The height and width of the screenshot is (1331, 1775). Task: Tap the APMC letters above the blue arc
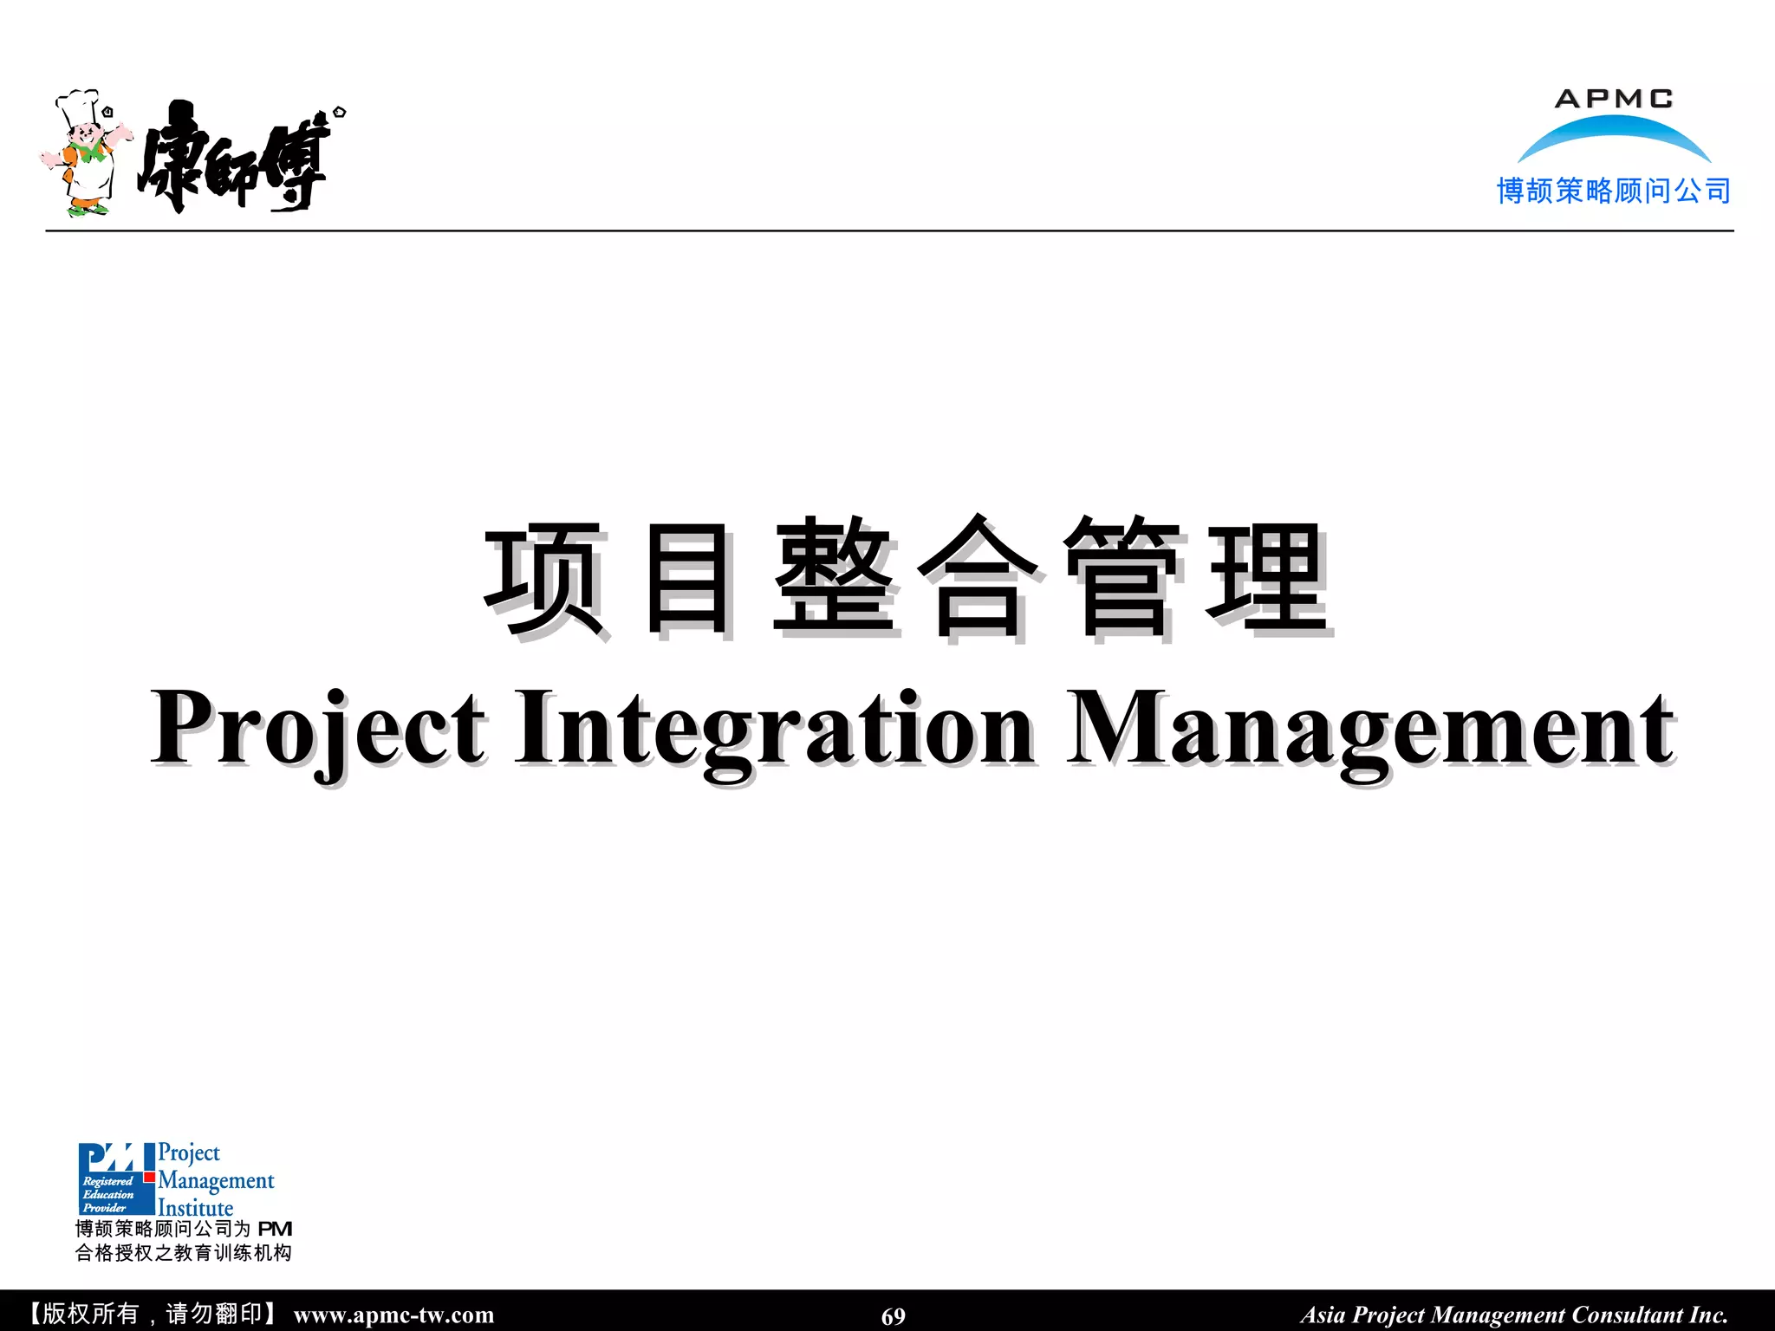[x=1613, y=99]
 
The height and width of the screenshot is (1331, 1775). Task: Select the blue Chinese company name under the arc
[x=1613, y=191]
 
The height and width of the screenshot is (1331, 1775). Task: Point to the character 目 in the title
[x=689, y=579]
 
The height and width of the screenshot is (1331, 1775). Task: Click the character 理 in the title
[x=1266, y=579]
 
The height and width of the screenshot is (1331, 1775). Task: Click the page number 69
[x=893, y=1316]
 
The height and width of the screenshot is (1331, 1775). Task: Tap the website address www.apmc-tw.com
[x=393, y=1315]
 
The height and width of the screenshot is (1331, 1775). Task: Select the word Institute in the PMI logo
[x=196, y=1207]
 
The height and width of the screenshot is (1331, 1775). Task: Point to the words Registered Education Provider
[x=108, y=1194]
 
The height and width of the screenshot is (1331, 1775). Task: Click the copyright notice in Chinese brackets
[x=153, y=1314]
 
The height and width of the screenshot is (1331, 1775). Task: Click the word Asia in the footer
[x=1323, y=1315]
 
